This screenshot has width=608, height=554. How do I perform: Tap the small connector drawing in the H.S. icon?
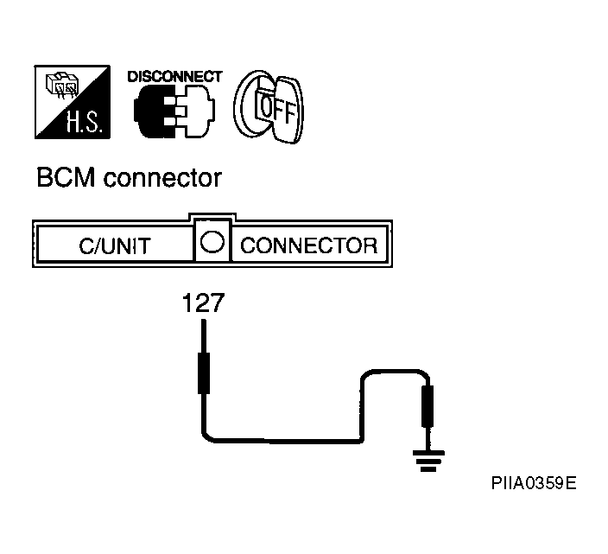62,85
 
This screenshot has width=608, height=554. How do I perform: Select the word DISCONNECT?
174,77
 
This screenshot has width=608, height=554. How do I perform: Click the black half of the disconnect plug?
155,111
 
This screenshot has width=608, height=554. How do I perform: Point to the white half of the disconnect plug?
195,111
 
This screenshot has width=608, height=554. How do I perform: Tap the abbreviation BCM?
66,178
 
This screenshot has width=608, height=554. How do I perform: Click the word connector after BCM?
162,179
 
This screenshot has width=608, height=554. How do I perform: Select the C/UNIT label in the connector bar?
115,246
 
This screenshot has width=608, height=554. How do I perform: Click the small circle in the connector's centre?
212,242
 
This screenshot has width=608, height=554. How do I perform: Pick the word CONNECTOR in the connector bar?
308,245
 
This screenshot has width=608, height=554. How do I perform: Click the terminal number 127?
203,303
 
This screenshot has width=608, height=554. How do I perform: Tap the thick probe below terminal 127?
204,373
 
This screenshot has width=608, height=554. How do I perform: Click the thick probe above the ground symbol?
427,406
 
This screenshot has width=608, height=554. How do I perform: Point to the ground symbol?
428,461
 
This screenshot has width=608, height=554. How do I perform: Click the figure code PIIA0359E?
534,483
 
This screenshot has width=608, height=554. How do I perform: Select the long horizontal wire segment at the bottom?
284,441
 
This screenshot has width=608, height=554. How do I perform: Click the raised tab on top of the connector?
212,216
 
